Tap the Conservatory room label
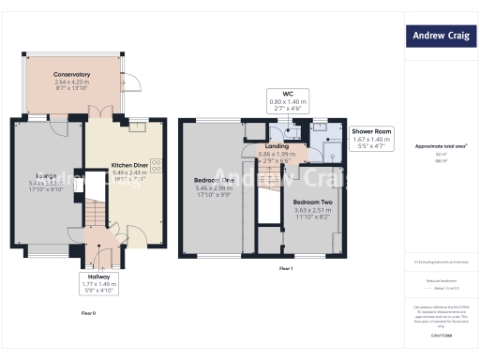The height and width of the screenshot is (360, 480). pos(71,74)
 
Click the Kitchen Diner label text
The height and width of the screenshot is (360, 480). pos(129,165)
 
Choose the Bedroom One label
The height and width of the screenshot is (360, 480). pos(214,180)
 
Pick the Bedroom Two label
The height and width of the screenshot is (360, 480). pos(311,202)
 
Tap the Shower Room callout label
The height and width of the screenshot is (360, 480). pos(372,131)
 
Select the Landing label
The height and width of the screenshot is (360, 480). pos(277,146)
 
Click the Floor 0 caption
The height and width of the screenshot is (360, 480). pos(88,311)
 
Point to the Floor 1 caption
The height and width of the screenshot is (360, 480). pos(286,269)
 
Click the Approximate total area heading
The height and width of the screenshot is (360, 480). pos(441,145)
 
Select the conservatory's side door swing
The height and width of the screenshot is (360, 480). pos(135,83)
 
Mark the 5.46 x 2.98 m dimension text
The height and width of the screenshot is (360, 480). pos(213,187)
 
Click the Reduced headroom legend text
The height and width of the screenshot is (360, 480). pos(441,279)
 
